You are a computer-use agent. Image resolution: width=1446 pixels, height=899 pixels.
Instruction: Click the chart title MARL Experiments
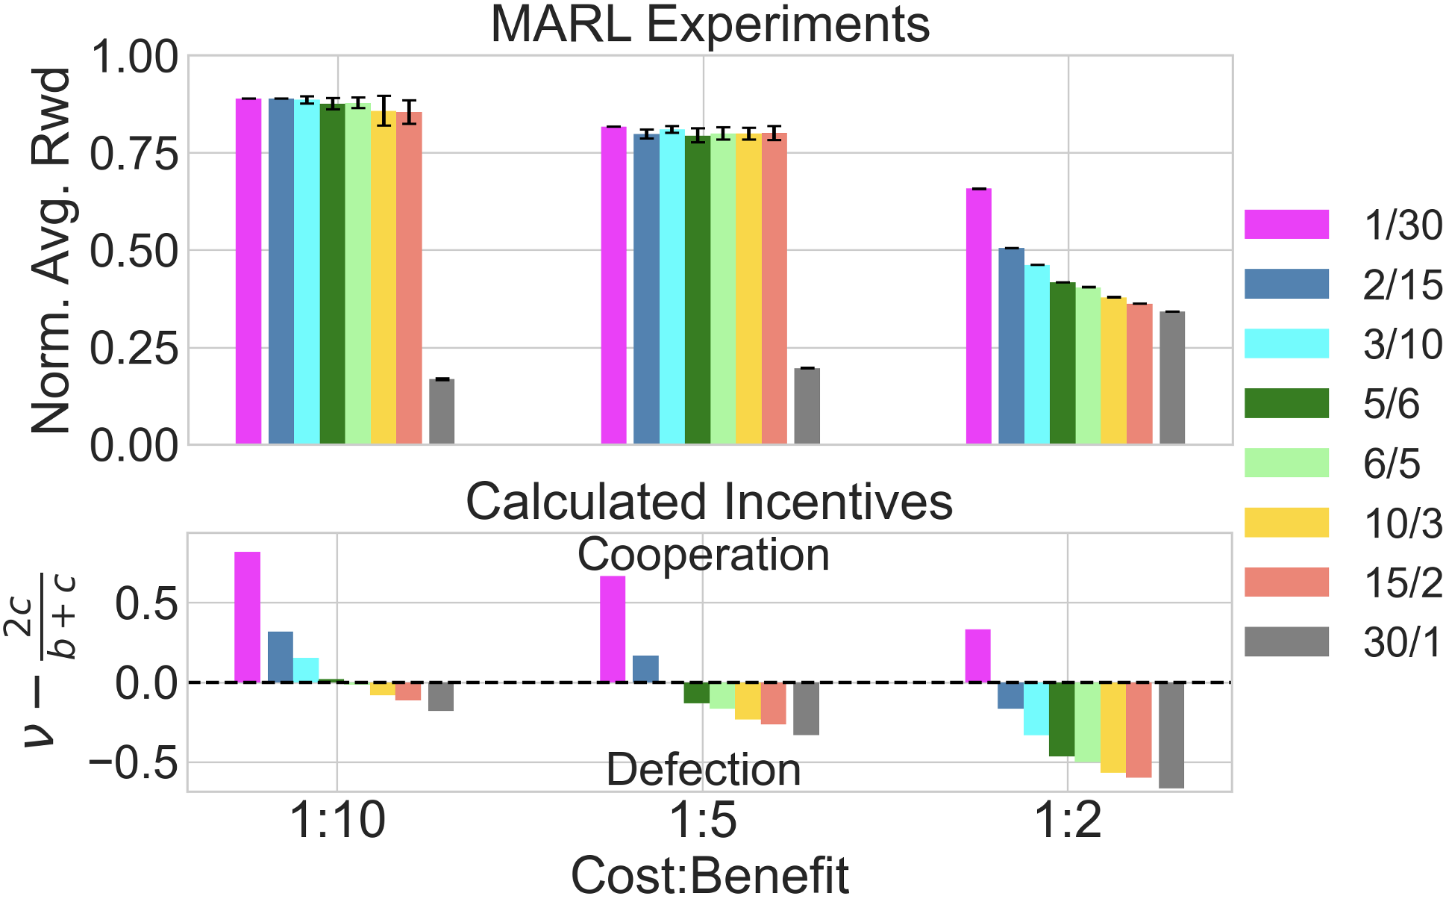[710, 25]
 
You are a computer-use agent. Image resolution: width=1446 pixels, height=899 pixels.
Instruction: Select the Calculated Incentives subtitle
[709, 501]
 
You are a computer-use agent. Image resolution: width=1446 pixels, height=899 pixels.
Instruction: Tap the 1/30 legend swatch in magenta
[1286, 225]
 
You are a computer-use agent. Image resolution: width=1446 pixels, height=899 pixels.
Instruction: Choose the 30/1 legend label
[1402, 642]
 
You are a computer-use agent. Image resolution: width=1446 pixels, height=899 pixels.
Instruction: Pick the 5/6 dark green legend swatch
[1286, 403]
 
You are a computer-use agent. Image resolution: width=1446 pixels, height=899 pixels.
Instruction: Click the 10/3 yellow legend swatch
[1286, 523]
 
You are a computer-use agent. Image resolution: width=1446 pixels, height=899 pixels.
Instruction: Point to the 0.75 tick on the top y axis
[134, 153]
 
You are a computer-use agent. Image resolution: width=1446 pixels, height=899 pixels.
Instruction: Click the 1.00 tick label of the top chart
[134, 57]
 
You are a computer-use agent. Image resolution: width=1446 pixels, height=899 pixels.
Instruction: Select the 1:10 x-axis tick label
[337, 822]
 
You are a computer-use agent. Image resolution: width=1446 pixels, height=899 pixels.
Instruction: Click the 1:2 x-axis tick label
[1068, 822]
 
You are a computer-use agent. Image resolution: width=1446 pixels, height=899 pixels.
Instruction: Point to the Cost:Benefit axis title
[710, 875]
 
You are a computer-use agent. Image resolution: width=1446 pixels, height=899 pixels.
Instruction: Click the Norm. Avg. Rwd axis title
[51, 250]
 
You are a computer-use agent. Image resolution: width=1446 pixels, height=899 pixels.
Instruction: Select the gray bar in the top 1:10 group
[442, 411]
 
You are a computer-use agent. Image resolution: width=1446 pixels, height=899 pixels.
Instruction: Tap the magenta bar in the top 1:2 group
[979, 317]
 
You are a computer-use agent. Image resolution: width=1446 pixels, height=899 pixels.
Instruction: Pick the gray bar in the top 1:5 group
[807, 406]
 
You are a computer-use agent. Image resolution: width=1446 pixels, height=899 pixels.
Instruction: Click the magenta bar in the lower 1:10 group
[247, 617]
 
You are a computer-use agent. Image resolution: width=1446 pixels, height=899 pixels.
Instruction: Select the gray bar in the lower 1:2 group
[1171, 735]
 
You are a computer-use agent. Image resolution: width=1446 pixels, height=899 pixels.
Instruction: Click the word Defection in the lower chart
[703, 770]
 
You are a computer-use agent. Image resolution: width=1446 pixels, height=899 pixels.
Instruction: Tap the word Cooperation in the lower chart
[703, 556]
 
